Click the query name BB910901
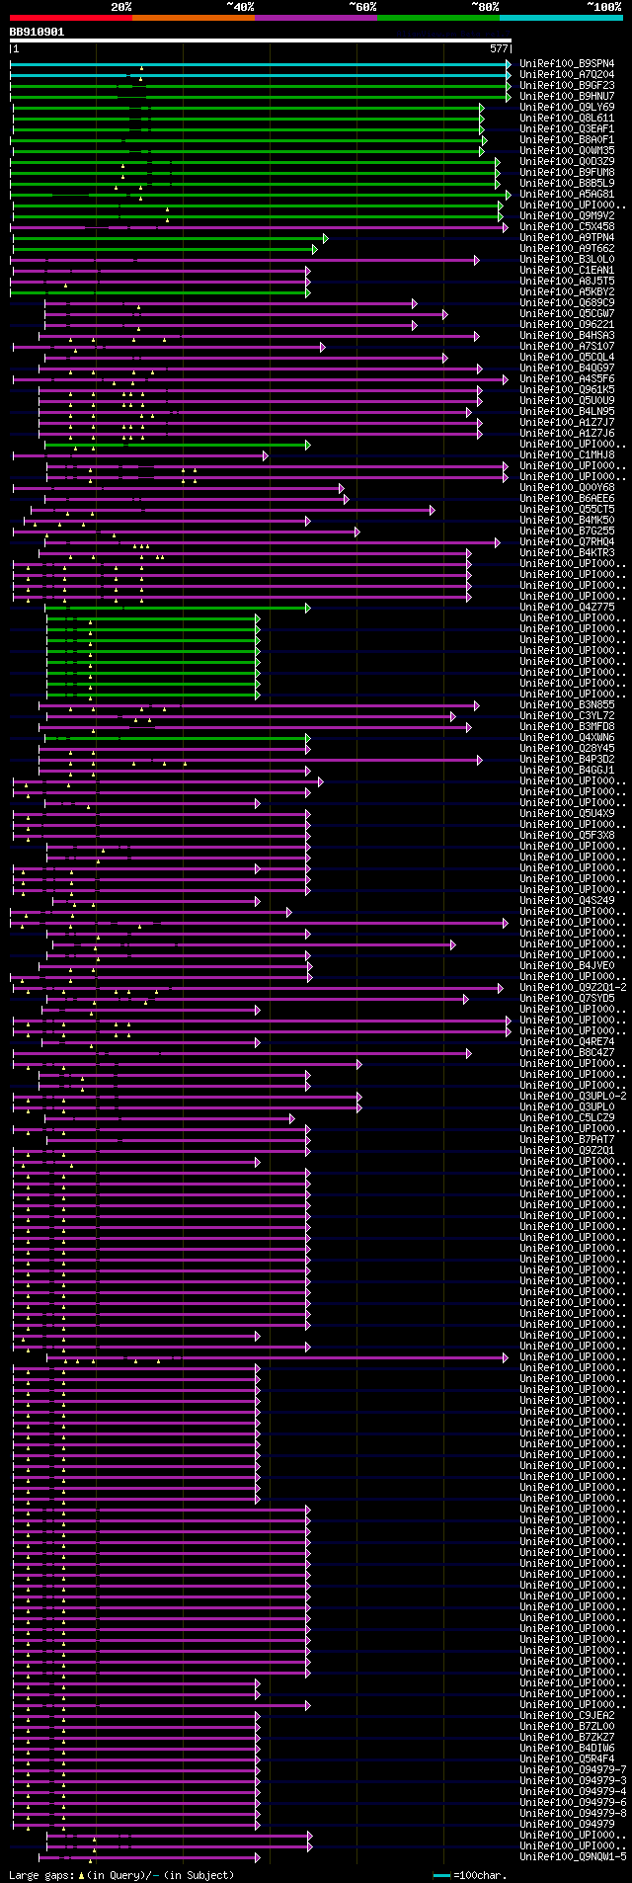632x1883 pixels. coord(37,32)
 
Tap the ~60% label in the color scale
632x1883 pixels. coord(361,6)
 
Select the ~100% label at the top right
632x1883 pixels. coord(603,6)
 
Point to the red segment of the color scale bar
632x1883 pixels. coord(70,17)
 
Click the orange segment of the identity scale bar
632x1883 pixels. coord(193,17)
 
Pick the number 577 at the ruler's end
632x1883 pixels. coord(499,48)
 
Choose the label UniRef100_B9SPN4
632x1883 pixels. coord(567,63)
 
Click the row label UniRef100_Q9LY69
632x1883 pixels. coord(567,107)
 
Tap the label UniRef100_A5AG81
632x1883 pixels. coord(567,194)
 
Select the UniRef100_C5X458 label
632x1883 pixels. coord(567,226)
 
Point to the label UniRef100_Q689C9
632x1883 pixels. coord(567,302)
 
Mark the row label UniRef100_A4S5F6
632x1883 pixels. coord(567,378)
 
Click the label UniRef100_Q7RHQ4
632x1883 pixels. coord(567,541)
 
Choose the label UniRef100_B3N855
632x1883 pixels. coord(567,704)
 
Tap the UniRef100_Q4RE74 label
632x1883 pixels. coord(567,1041)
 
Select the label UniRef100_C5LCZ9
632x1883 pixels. coord(567,1117)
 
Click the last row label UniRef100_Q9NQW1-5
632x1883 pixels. coord(573,1856)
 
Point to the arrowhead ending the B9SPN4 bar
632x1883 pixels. coord(509,64)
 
